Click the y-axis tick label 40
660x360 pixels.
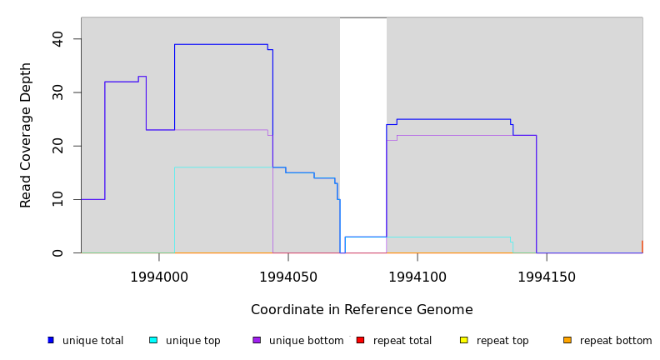57,39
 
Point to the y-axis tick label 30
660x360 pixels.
57,92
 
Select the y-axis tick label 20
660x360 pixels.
57,146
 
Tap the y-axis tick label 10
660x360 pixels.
57,199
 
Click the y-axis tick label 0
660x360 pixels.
57,252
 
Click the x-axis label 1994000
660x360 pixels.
159,277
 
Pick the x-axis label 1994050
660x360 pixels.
287,277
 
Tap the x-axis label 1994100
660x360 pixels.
417,277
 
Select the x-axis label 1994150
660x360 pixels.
546,277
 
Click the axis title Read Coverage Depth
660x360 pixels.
26,135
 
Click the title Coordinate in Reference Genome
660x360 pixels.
362,310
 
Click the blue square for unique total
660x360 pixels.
51,340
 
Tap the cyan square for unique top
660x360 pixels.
153,340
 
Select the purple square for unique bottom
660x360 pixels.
257,340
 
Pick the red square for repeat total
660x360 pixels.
360,340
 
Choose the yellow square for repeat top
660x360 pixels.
463,340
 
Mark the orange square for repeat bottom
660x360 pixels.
567,340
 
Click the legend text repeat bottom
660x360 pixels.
616,341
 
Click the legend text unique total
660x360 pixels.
92,341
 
